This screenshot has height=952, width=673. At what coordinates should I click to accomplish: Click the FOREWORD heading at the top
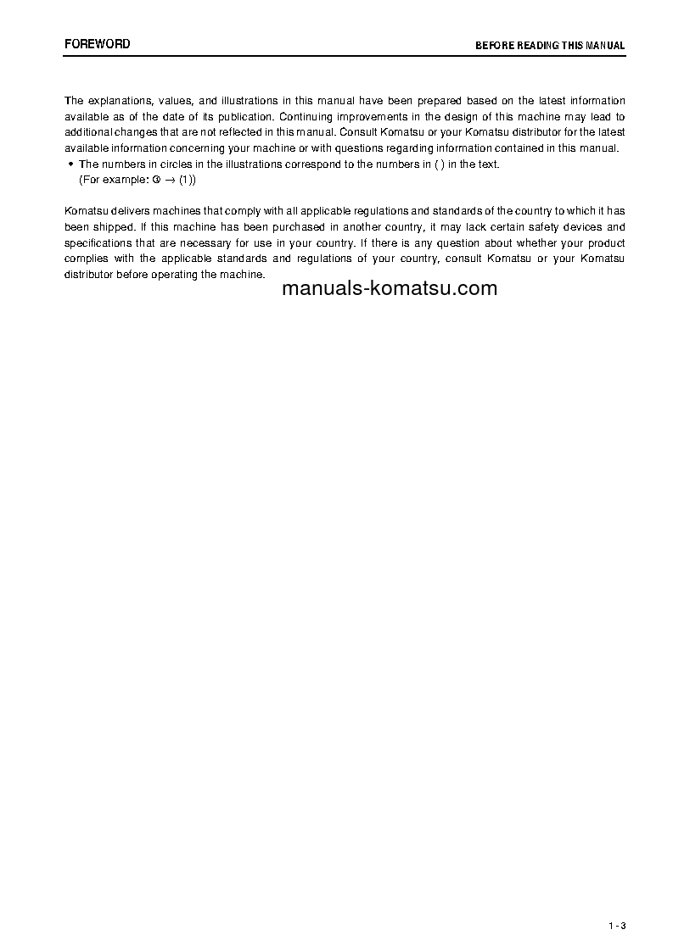[x=98, y=44]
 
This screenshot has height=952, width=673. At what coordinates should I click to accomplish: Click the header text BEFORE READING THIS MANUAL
[x=550, y=46]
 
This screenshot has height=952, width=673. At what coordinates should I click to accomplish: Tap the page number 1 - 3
[x=617, y=926]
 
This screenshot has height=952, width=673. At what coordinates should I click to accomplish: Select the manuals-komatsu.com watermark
[x=389, y=288]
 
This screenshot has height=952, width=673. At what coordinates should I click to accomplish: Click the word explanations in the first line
[x=122, y=101]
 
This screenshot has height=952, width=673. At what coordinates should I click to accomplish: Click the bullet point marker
[x=70, y=164]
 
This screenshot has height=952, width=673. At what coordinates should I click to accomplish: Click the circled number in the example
[x=155, y=180]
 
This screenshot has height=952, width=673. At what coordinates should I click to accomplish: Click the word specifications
[x=97, y=243]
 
